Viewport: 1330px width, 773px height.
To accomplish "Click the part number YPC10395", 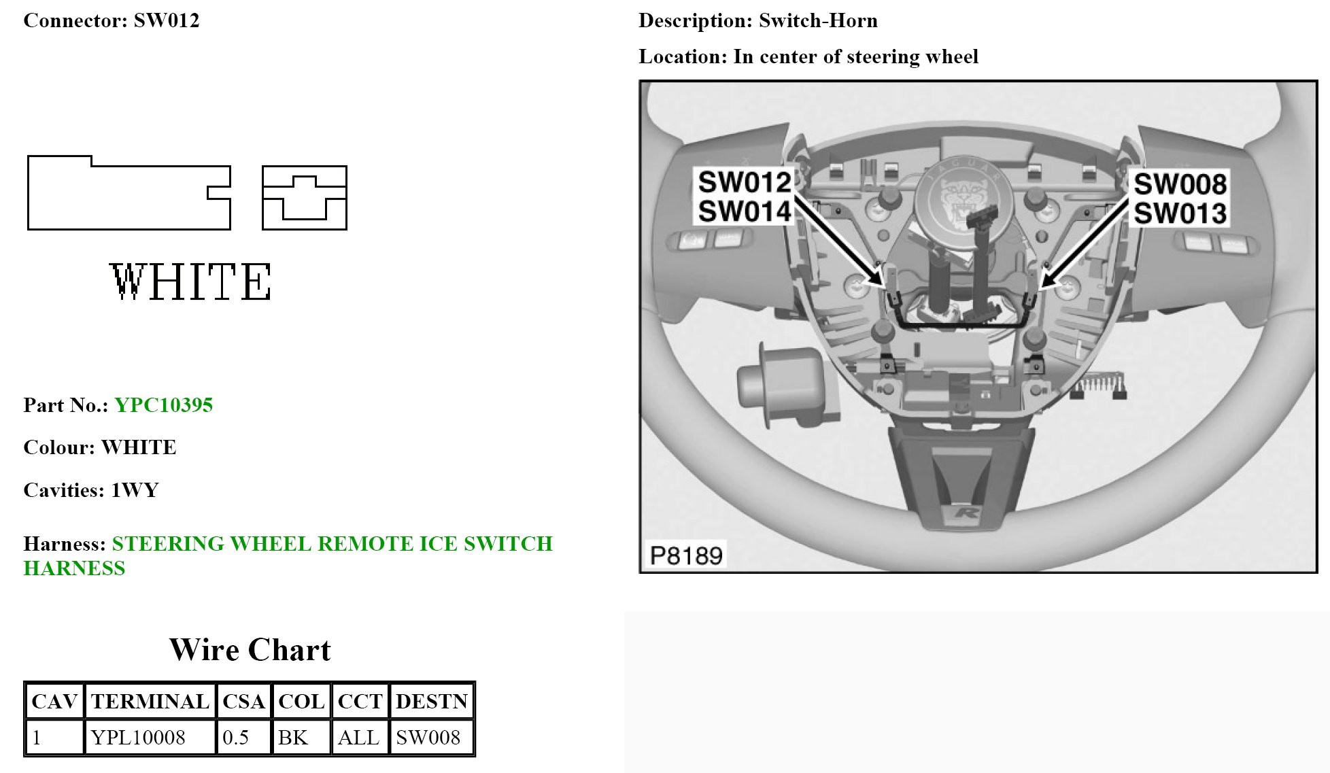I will (163, 405).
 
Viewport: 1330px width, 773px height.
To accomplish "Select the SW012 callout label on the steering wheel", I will (745, 182).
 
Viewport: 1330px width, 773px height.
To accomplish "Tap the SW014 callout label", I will (745, 211).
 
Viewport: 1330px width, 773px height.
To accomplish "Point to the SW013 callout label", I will (1180, 213).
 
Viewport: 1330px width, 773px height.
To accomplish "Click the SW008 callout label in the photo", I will (1180, 184).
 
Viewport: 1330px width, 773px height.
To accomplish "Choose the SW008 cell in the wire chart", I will (428, 737).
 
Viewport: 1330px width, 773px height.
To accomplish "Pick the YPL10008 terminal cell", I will (138, 737).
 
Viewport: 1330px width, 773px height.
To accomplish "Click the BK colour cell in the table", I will (293, 737).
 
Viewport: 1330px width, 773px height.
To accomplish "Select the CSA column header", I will (243, 701).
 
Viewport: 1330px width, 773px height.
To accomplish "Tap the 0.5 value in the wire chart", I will (235, 737).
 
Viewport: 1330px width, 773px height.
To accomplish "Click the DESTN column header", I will (432, 701).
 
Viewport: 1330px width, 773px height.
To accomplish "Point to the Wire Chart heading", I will (250, 650).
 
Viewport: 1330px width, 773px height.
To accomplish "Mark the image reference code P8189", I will (685, 555).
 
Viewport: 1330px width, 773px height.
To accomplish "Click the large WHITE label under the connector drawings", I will (190, 281).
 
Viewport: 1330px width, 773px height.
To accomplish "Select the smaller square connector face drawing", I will (305, 198).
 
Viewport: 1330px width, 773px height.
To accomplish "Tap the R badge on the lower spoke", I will (966, 511).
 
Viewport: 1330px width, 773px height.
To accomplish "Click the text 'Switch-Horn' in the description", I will (818, 20).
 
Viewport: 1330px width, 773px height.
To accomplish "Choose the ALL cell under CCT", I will (358, 737).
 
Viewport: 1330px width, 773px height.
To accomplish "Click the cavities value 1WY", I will (135, 490).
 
